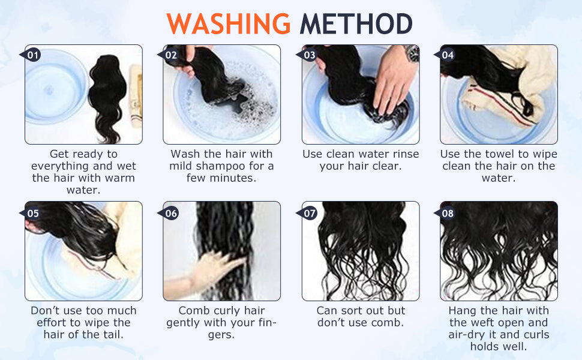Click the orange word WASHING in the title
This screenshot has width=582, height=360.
click(x=228, y=24)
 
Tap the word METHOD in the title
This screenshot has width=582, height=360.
click(x=356, y=24)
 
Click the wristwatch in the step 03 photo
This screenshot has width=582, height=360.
click(x=412, y=53)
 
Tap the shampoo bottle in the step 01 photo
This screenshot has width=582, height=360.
click(x=136, y=96)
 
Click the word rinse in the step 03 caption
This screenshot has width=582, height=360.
click(x=406, y=154)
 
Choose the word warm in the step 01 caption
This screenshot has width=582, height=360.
click(x=120, y=178)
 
